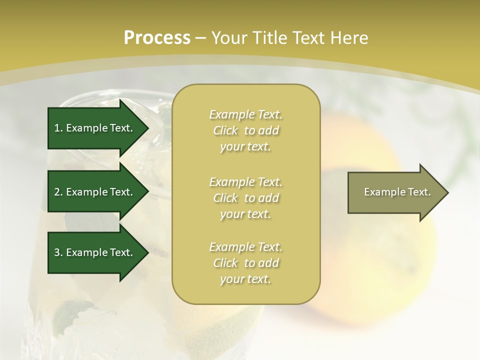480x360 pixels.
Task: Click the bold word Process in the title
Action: click(157, 37)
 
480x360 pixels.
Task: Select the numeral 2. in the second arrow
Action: click(58, 192)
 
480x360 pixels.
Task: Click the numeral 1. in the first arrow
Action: click(58, 128)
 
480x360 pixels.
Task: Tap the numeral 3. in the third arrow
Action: click(58, 252)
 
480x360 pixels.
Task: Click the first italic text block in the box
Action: click(246, 130)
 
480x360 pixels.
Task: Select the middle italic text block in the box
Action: click(246, 198)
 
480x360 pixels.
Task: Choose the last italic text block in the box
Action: click(246, 263)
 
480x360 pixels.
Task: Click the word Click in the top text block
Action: click(225, 131)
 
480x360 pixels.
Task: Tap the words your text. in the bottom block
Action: click(245, 279)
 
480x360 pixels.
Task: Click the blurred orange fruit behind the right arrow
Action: click(380, 260)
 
